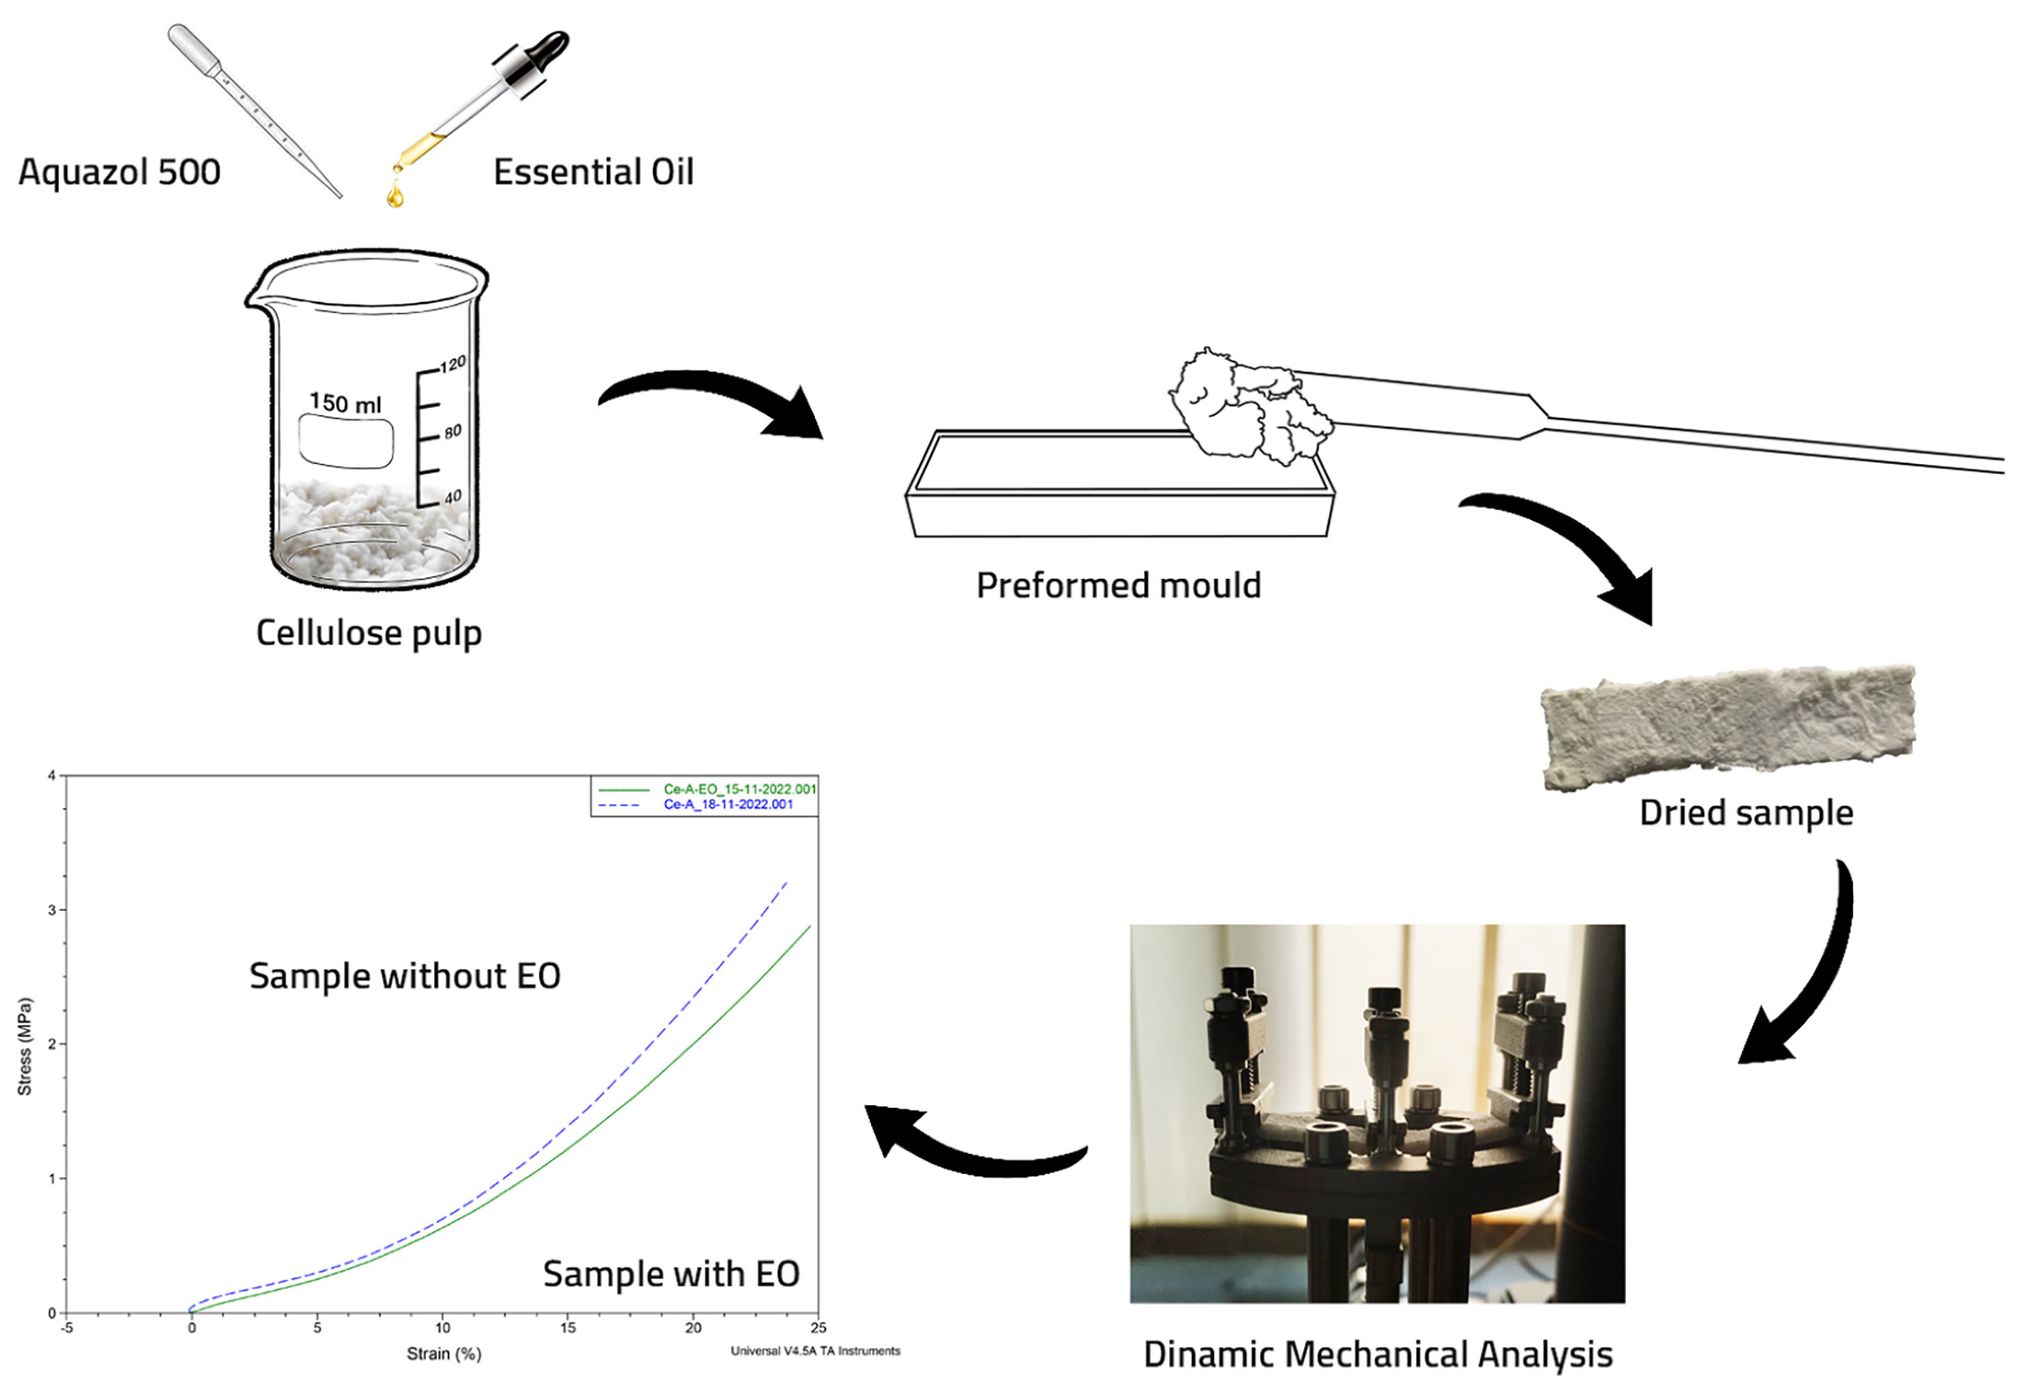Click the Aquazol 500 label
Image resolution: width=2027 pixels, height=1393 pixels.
click(x=120, y=172)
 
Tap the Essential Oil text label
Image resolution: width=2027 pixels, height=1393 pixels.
click(x=594, y=172)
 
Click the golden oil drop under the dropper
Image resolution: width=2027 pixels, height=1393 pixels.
click(x=395, y=194)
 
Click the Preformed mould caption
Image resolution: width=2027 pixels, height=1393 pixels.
click(x=1118, y=586)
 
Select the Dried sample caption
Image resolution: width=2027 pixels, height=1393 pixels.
click(x=1746, y=813)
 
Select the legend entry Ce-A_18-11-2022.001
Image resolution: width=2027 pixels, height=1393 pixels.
click(x=728, y=804)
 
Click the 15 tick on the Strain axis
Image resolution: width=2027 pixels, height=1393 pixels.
click(x=568, y=1327)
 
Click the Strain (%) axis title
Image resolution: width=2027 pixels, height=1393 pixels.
click(x=444, y=1354)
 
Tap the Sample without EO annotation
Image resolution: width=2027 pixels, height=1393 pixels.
click(x=405, y=976)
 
